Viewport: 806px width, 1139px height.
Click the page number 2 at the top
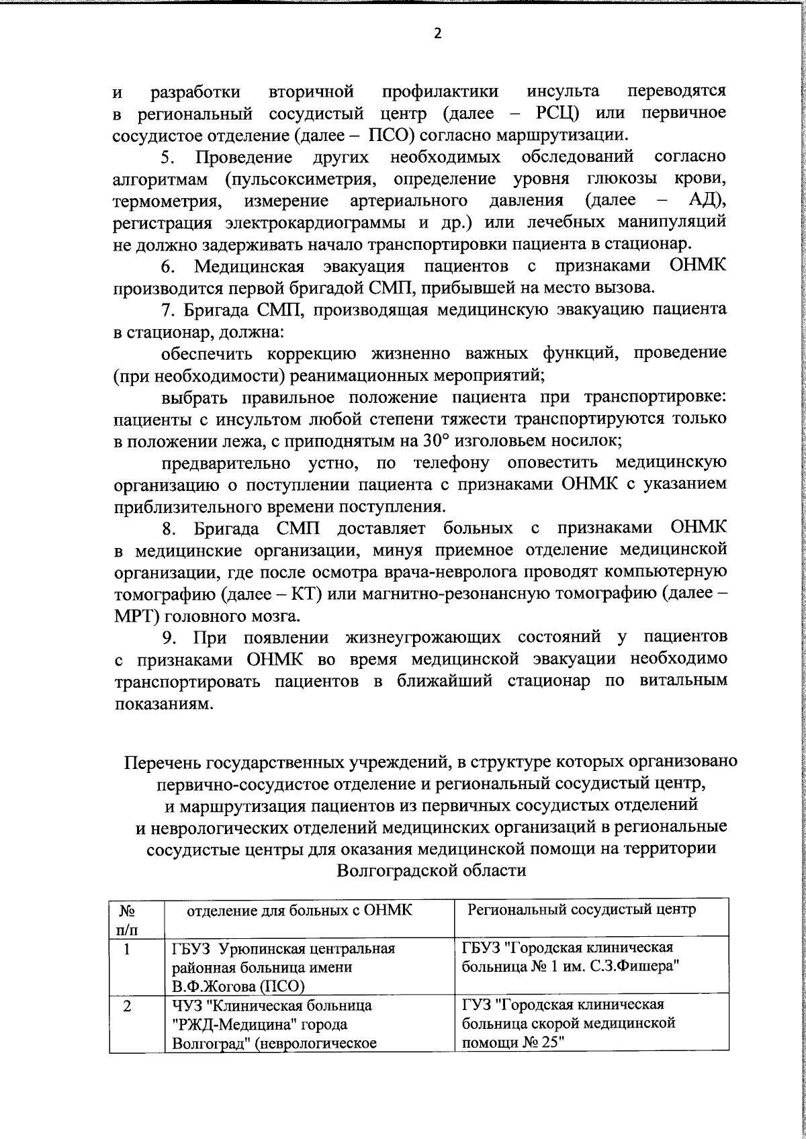click(x=437, y=34)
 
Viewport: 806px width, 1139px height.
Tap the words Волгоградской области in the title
click(x=431, y=871)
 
